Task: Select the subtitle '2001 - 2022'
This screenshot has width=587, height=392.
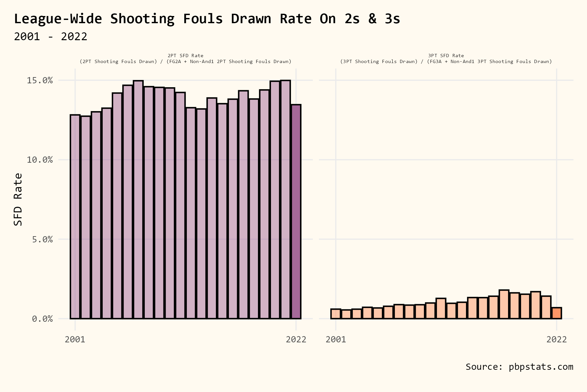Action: pyautogui.click(x=51, y=36)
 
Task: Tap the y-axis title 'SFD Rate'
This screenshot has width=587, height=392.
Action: pyautogui.click(x=18, y=199)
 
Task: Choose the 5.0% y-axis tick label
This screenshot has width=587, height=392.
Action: pyautogui.click(x=42, y=239)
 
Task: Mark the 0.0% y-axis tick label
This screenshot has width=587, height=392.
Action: pyautogui.click(x=42, y=319)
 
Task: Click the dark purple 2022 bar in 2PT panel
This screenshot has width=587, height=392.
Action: pyautogui.click(x=296, y=212)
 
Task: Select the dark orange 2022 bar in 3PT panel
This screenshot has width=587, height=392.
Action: pyautogui.click(x=557, y=313)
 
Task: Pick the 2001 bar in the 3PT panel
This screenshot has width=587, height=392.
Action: pyautogui.click(x=336, y=314)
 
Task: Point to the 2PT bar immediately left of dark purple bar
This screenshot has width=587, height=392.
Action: pyautogui.click(x=285, y=199)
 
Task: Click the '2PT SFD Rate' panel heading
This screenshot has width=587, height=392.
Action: pyautogui.click(x=185, y=56)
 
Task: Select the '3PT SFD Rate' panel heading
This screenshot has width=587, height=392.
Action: pyautogui.click(x=446, y=56)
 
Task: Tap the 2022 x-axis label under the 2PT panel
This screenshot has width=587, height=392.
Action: pyautogui.click(x=296, y=339)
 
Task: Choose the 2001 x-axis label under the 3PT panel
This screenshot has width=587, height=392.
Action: pyautogui.click(x=336, y=339)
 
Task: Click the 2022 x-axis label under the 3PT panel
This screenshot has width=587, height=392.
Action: pyautogui.click(x=557, y=339)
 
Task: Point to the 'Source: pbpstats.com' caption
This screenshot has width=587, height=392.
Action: pyautogui.click(x=519, y=367)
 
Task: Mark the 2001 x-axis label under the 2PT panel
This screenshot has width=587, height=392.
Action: pyautogui.click(x=75, y=339)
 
